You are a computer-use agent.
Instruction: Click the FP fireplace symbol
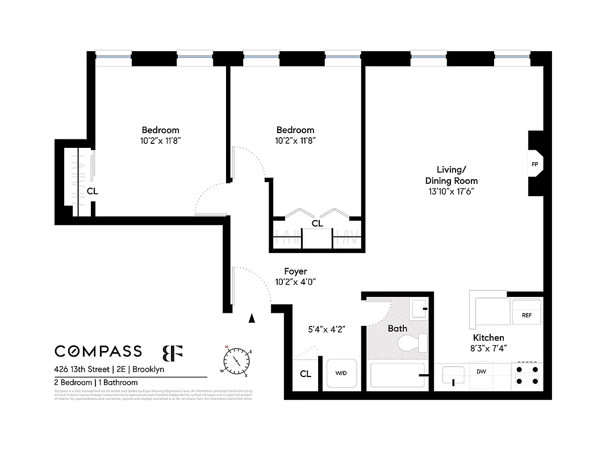(x=534, y=164)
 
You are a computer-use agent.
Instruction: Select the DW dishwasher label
(x=481, y=372)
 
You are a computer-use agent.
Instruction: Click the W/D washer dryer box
(x=341, y=374)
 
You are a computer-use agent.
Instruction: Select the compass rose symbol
(x=237, y=360)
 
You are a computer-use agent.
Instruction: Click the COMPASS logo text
(x=98, y=351)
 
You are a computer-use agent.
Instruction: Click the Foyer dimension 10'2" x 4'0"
(x=295, y=282)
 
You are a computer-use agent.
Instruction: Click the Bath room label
(x=398, y=328)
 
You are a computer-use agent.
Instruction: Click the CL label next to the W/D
(x=306, y=374)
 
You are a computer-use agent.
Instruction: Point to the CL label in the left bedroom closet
(x=92, y=192)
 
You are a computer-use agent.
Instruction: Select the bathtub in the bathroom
(x=397, y=375)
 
